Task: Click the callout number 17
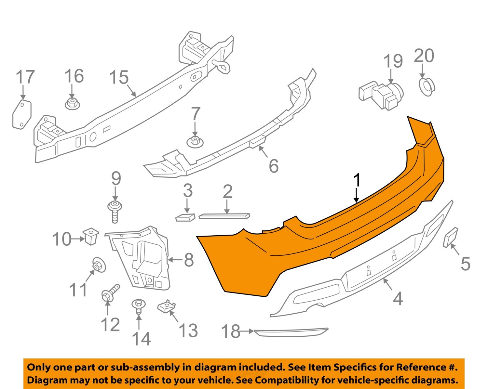pos(25,77)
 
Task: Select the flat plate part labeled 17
pos(22,114)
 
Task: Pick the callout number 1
pos(357,180)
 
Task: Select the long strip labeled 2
pos(224,216)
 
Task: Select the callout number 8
pos(189,260)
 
